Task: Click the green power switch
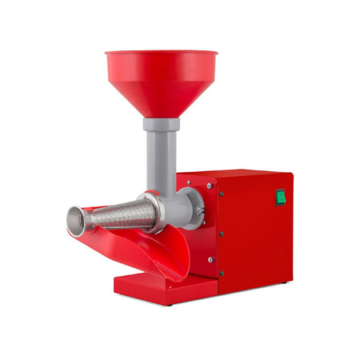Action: [x=281, y=198]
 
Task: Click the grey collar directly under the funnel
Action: [x=162, y=125]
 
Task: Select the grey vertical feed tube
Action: [x=162, y=160]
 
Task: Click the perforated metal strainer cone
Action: [x=120, y=214]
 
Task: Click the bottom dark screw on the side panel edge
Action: [x=218, y=272]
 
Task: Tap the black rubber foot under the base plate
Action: [x=168, y=304]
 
